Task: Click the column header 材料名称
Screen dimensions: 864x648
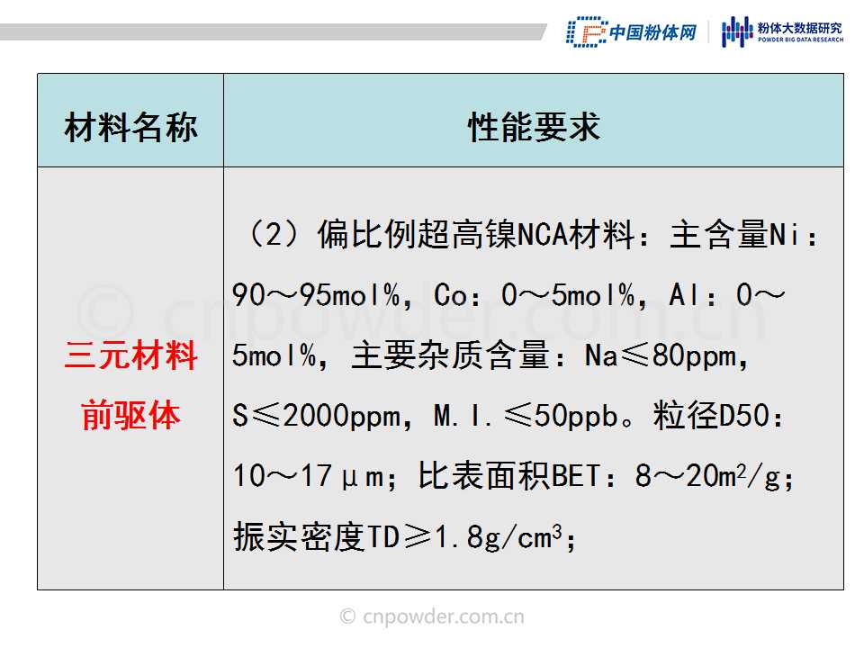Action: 130,127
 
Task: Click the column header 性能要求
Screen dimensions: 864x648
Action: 534,127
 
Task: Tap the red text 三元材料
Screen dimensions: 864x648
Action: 130,355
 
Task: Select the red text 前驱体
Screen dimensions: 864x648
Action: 130,415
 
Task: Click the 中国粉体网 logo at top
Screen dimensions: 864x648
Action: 632,32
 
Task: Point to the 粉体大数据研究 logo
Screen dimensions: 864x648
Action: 782,32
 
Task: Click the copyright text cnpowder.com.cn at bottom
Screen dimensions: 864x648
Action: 432,616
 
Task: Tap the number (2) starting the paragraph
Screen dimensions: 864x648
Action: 274,234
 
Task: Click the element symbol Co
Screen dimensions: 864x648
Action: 450,295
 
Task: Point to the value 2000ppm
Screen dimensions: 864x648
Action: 342,416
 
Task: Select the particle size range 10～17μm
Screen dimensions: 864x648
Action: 308,476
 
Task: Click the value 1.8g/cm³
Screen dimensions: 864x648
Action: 499,536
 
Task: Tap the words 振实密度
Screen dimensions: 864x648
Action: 298,536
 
